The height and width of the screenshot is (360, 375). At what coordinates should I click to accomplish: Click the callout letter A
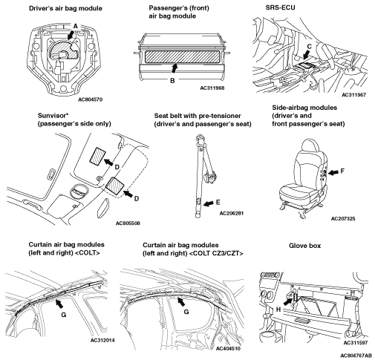tap(76, 26)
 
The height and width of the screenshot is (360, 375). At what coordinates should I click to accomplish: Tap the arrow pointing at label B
tap(175, 68)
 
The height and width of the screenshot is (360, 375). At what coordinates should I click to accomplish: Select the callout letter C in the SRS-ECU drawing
tap(309, 46)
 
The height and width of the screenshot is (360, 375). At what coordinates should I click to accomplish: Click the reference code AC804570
tap(90, 99)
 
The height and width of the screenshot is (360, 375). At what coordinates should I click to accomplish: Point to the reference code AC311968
tap(212, 88)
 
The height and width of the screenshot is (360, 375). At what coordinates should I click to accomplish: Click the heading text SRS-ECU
tap(281, 7)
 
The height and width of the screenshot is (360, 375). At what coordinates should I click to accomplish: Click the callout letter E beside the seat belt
tap(218, 203)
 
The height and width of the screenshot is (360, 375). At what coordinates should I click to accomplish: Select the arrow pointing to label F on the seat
tap(333, 172)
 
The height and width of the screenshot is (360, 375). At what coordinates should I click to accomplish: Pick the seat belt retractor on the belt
tap(210, 177)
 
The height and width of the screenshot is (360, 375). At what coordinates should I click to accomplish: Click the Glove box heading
tap(304, 246)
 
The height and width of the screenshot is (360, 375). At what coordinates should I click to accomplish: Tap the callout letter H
tap(278, 310)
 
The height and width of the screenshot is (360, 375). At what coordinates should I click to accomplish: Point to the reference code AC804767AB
tap(356, 356)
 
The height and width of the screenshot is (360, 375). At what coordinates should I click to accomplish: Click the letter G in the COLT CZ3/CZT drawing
tap(186, 312)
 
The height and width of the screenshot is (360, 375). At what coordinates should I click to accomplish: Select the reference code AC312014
tap(102, 340)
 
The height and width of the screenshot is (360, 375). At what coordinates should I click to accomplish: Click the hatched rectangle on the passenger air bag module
tap(182, 56)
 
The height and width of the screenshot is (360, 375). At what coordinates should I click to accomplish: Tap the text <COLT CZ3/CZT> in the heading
tap(218, 253)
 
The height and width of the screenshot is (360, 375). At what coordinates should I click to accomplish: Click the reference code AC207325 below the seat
tap(343, 218)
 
